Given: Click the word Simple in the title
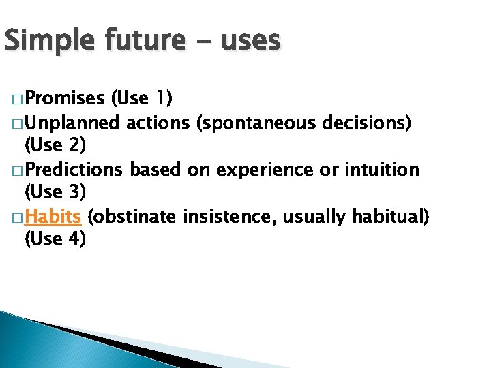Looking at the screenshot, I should (x=51, y=42).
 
